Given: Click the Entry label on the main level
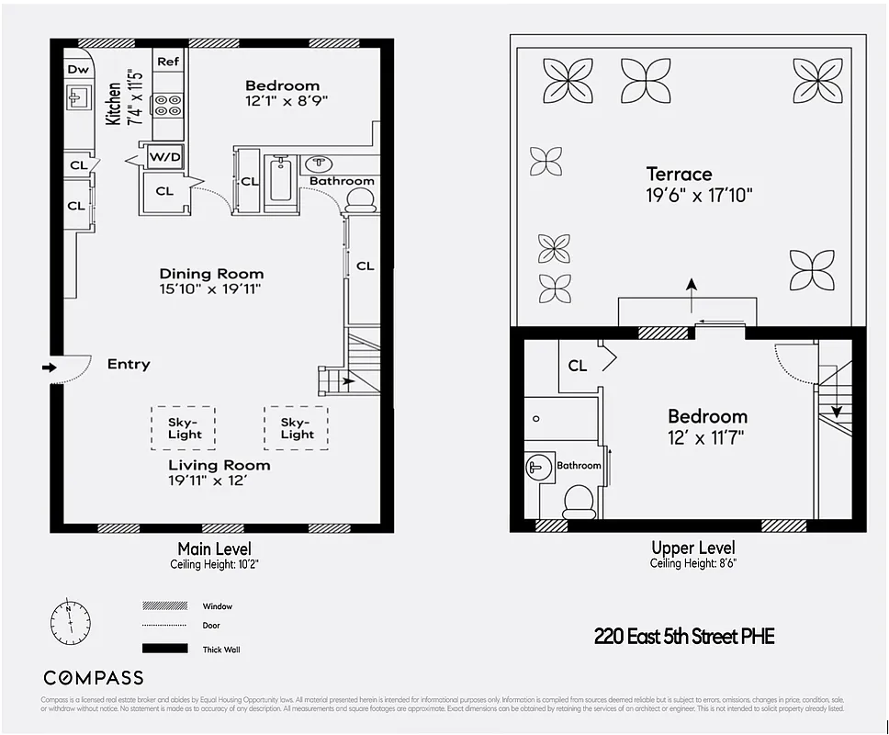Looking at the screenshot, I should (128, 365).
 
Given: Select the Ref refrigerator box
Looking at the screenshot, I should (167, 62).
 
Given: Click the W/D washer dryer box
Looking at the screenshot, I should (164, 157).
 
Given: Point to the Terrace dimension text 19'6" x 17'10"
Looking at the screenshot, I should (698, 195).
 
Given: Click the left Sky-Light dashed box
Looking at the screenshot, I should (183, 428).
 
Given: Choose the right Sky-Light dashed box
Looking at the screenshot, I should (296, 428).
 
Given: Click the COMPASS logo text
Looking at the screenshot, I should (94, 678).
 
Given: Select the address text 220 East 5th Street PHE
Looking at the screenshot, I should (684, 636).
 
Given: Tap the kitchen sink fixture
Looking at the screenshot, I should (78, 97).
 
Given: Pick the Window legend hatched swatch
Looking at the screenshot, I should (164, 606).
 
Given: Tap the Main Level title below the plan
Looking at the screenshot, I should (214, 549).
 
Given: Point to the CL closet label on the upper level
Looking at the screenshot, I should (577, 366).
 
